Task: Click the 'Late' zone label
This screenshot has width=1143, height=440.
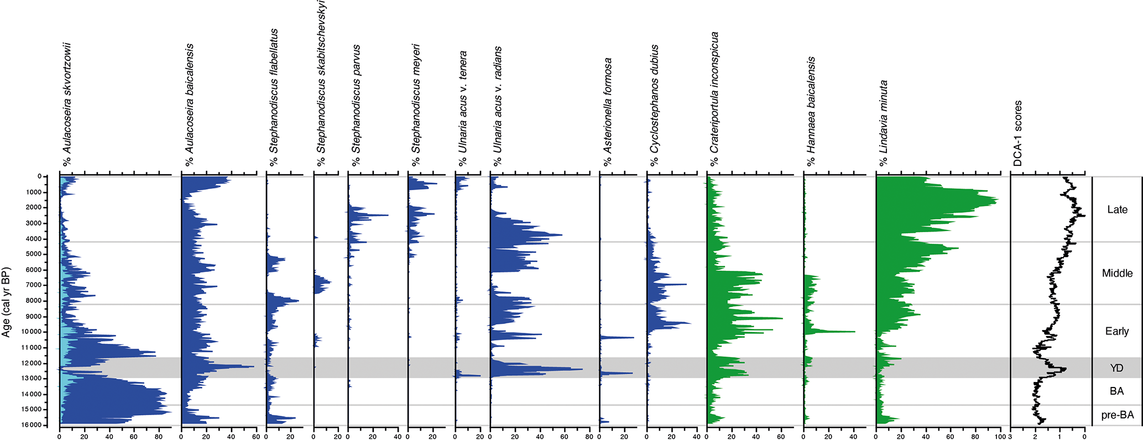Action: click(1117, 209)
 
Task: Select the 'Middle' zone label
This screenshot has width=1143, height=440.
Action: click(1117, 273)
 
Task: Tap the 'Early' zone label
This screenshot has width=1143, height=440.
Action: click(1116, 331)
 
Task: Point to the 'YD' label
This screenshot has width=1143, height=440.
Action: click(1116, 368)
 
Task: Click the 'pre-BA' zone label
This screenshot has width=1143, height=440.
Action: click(1117, 415)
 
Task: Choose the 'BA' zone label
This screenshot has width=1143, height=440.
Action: click(1116, 391)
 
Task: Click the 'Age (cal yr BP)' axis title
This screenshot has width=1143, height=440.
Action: click(6, 302)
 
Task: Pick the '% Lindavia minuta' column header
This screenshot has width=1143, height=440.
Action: click(883, 123)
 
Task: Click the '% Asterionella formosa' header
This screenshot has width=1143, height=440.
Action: click(608, 112)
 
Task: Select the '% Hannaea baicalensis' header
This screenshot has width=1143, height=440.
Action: click(811, 111)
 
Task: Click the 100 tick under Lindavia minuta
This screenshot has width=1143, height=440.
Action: click(1000, 437)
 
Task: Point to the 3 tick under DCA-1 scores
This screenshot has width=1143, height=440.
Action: click(1010, 437)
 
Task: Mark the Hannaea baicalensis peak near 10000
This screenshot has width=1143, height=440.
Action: click(854, 332)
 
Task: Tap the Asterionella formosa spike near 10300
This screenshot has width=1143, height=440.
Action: click(633, 337)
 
